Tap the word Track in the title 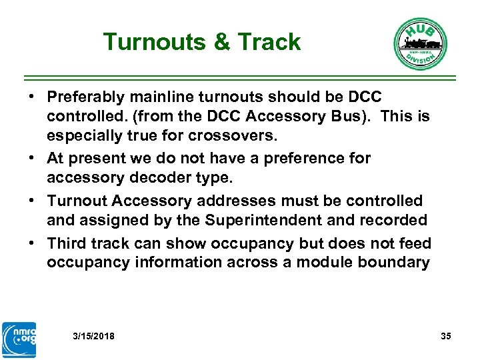point(269,43)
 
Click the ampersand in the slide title point(223,43)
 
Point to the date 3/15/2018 point(93,336)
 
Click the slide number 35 point(446,336)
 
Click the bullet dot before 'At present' point(31,159)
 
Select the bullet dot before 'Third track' point(31,244)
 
